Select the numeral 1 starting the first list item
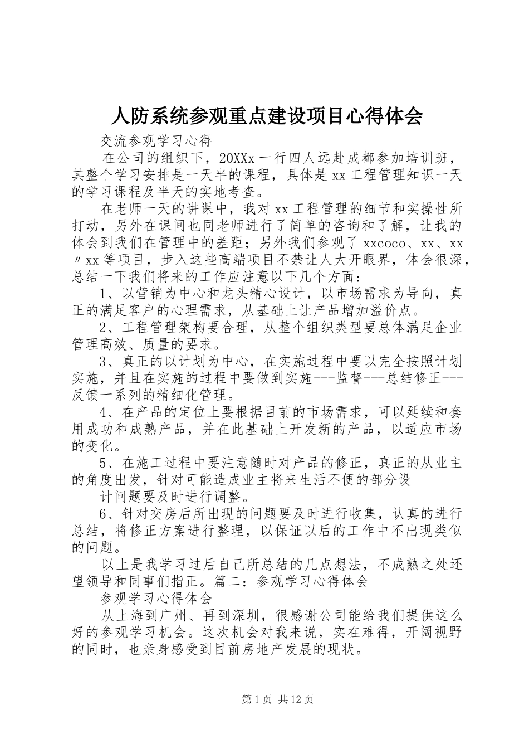point(103,293)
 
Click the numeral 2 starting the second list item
point(103,327)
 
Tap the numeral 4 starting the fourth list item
point(103,413)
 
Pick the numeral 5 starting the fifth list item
point(103,463)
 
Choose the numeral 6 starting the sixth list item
point(103,514)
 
